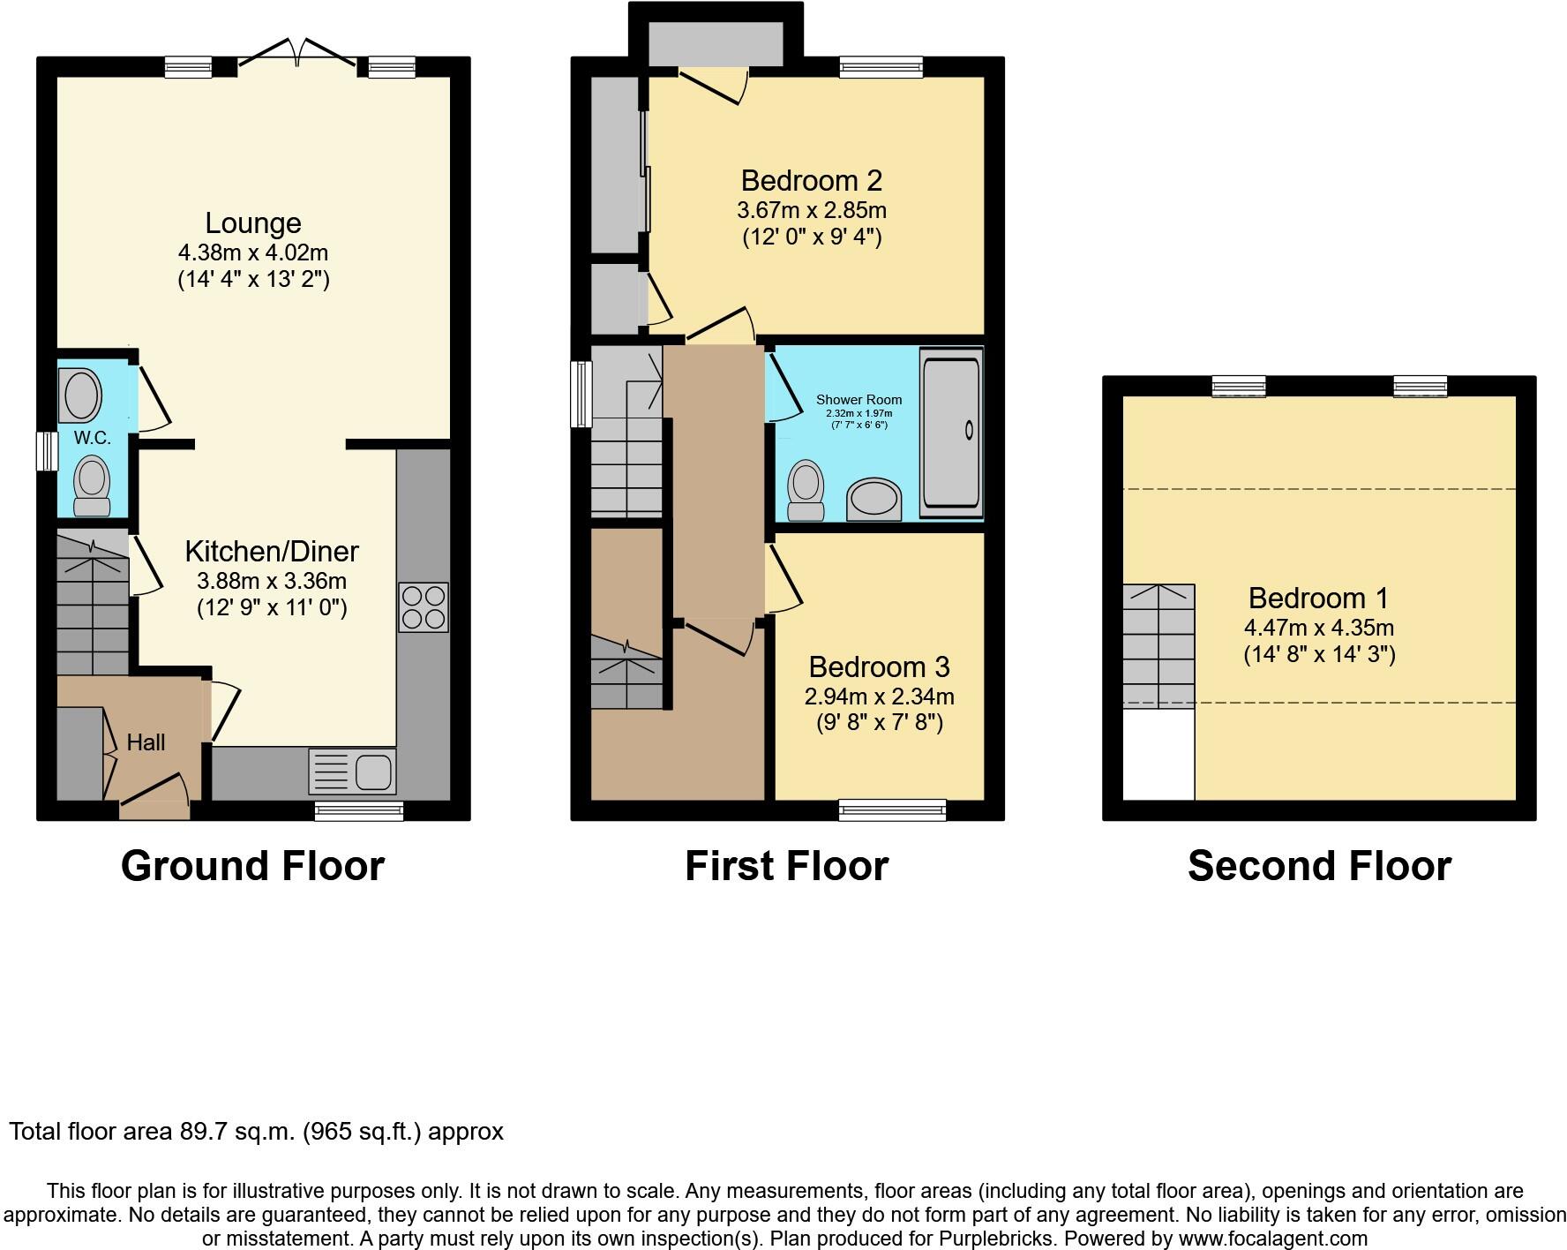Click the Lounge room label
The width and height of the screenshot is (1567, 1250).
pyautogui.click(x=253, y=223)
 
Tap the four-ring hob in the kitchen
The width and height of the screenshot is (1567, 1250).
pyautogui.click(x=424, y=607)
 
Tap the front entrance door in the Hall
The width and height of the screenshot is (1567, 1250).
pyautogui.click(x=155, y=792)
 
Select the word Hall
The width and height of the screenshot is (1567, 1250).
pyautogui.click(x=146, y=742)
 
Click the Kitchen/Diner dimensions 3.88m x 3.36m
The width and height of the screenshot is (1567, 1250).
pyautogui.click(x=271, y=581)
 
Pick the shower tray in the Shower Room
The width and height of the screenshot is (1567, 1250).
pyautogui.click(x=950, y=432)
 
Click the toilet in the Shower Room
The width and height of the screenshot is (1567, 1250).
pyautogui.click(x=805, y=490)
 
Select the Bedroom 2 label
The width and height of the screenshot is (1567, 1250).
pyautogui.click(x=811, y=181)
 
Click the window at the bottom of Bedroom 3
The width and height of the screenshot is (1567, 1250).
pyautogui.click(x=892, y=809)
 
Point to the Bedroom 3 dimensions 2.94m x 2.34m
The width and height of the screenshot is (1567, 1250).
pyautogui.click(x=879, y=697)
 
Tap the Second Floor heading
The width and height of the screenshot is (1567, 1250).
pyautogui.click(x=1318, y=866)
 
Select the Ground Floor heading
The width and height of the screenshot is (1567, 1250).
pyautogui.click(x=252, y=866)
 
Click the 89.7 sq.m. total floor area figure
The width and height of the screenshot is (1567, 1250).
pyautogui.click(x=236, y=1132)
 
